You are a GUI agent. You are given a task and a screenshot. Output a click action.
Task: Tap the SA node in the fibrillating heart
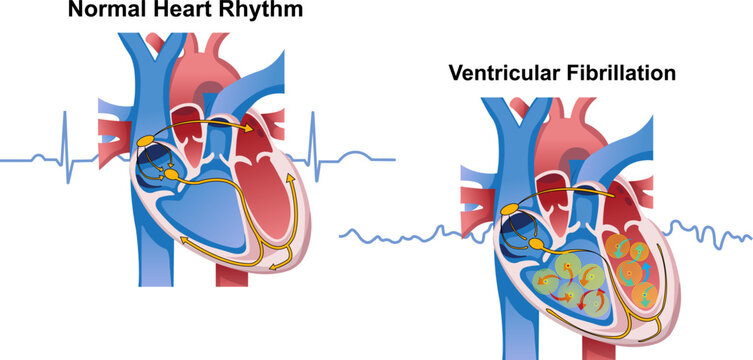click(512, 207)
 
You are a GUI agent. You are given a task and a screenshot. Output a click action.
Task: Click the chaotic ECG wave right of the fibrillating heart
click(710, 235)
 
